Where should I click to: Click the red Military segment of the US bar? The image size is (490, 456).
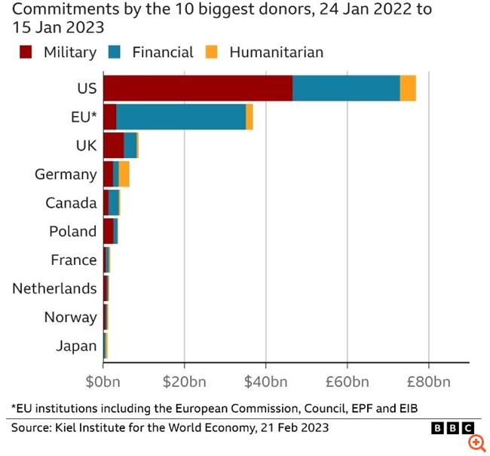coord(198,88)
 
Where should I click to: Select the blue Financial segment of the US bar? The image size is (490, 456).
coord(346,88)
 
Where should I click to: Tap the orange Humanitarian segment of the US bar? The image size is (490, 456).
coord(408,88)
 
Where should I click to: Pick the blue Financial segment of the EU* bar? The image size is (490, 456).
coord(181,117)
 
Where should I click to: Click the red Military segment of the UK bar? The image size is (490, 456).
coord(113,145)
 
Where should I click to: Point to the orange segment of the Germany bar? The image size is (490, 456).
coord(124,174)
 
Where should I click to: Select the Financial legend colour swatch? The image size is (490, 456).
coord(115,52)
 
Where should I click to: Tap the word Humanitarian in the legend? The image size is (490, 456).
coord(276,52)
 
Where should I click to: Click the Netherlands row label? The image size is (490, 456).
coord(54,288)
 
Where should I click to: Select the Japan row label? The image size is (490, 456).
coord(76,345)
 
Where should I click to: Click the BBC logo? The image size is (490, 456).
coord(447,427)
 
